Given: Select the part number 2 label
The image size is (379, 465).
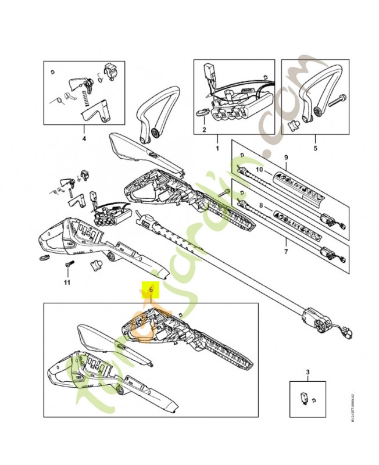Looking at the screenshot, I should click(x=204, y=130).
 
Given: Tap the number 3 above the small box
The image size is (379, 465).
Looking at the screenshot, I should click(x=307, y=370).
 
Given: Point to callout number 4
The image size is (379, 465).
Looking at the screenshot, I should click(x=84, y=139).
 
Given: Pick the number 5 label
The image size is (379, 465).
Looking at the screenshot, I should click(x=315, y=139).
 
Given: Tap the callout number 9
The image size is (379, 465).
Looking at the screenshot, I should click(x=285, y=158).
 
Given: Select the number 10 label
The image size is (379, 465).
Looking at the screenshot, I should click(x=260, y=169).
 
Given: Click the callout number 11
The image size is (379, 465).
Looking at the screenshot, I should click(x=67, y=282).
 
